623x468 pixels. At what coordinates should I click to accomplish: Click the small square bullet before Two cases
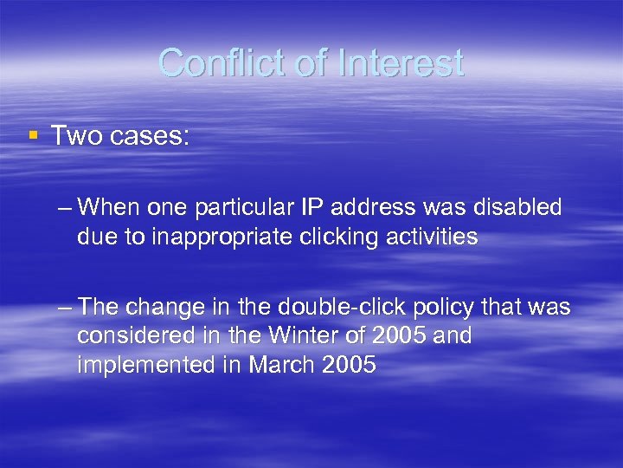tap(33, 134)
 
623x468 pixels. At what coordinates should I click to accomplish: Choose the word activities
tap(437, 237)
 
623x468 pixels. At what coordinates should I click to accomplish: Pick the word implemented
tap(150, 366)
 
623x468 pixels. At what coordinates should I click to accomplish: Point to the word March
tap(280, 366)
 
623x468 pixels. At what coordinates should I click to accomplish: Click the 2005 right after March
tap(348, 366)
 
